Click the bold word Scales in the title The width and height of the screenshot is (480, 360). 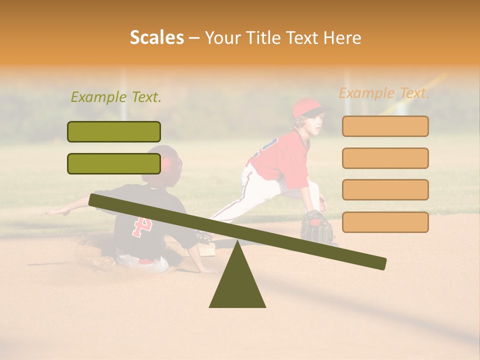click(x=156, y=37)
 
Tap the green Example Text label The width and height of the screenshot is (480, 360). click(x=116, y=97)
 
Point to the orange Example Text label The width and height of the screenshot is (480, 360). click(x=384, y=93)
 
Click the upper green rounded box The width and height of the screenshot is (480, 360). click(x=114, y=131)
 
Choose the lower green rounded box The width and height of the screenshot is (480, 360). click(x=114, y=163)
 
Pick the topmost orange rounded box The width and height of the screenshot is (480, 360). click(x=385, y=126)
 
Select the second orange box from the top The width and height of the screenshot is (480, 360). click(x=385, y=158)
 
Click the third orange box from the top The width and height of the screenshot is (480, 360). click(x=385, y=189)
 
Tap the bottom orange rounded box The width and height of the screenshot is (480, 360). click(x=385, y=222)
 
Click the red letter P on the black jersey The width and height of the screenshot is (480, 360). click(x=141, y=226)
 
